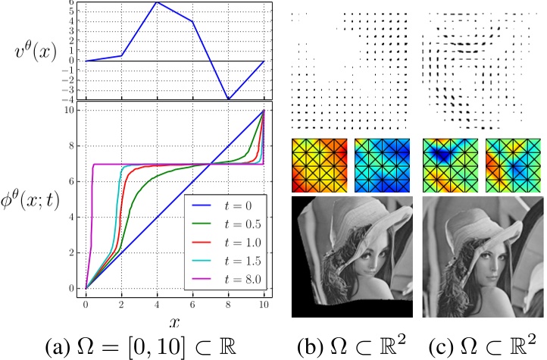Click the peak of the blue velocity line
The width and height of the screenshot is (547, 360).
click(157, 2)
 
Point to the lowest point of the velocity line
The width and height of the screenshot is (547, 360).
click(229, 99)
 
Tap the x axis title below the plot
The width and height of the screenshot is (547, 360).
click(174, 321)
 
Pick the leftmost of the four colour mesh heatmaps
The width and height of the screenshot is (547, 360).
click(319, 164)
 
